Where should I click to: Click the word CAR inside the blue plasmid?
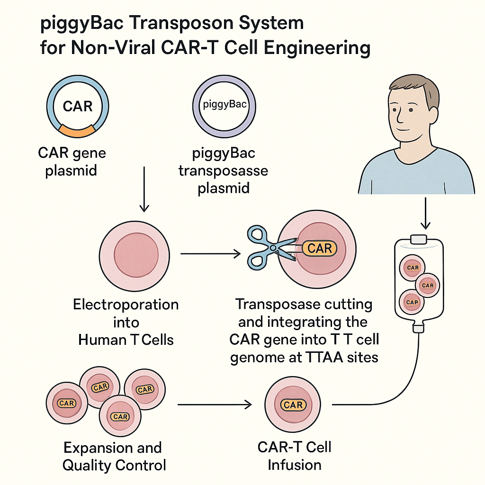click(77, 106)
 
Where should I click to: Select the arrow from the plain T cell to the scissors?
click(210, 254)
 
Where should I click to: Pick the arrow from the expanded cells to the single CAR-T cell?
click(214, 405)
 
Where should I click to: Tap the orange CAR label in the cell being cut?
click(320, 248)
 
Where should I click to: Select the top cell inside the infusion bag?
click(413, 268)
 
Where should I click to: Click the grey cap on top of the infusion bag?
click(419, 239)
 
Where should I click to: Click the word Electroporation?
click(126, 305)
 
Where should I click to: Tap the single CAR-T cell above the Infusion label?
click(293, 405)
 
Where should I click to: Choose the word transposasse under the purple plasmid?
click(223, 171)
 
